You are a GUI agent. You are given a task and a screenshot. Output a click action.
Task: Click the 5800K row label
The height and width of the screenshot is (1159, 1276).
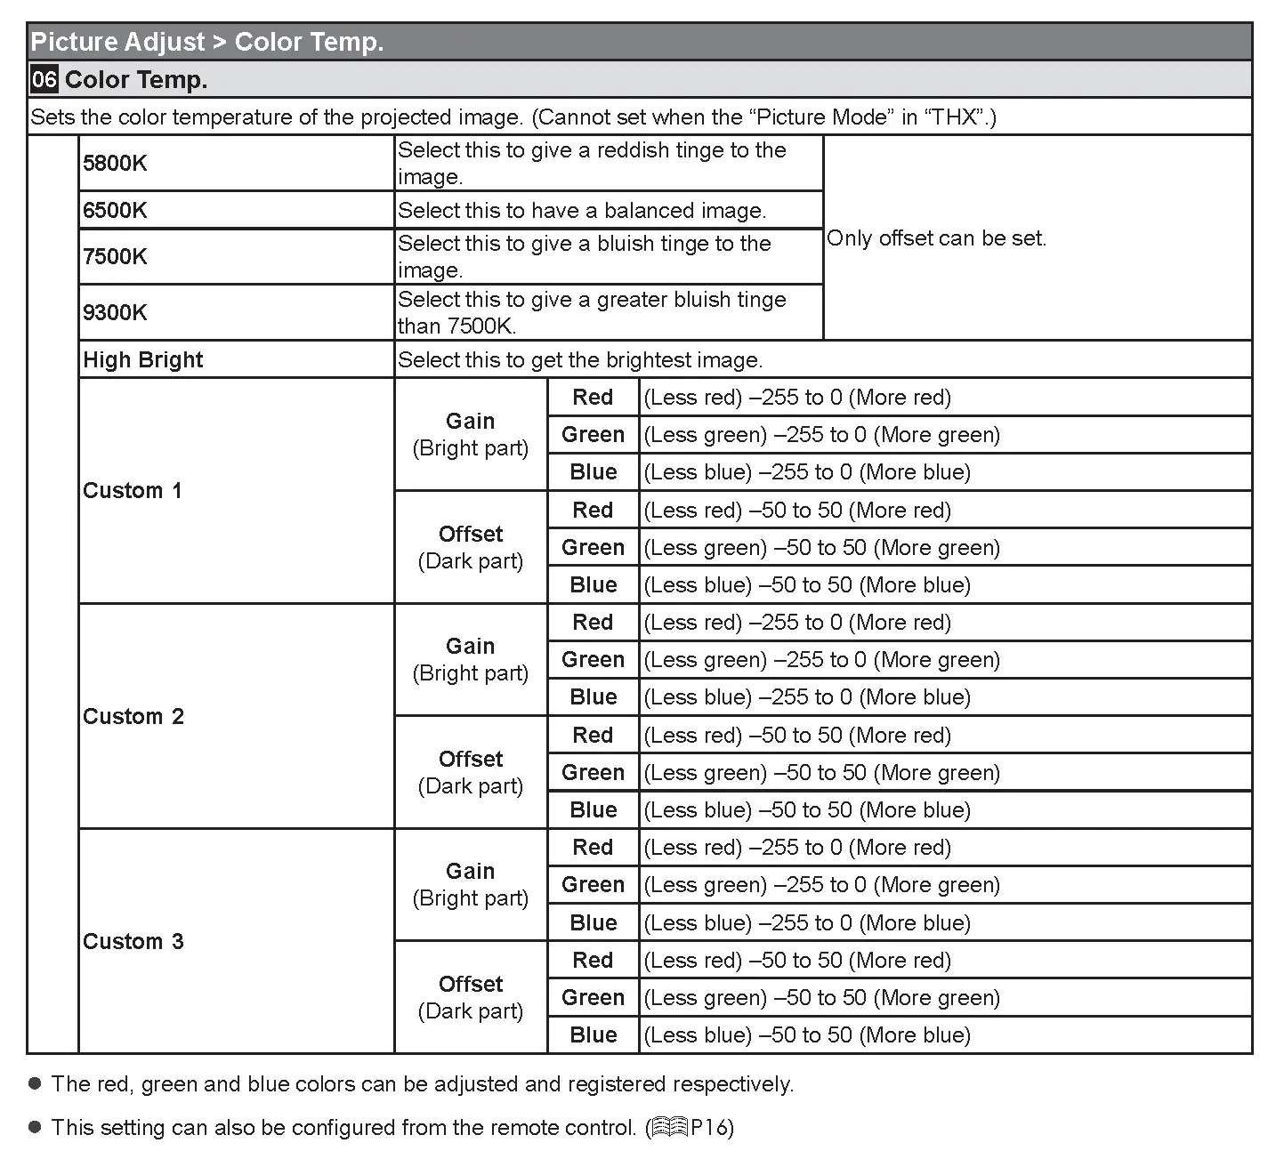click(x=115, y=163)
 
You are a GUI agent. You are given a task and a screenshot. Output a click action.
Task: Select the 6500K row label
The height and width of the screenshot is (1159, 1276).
click(x=115, y=210)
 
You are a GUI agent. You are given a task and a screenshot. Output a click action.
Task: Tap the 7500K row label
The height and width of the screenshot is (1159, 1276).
click(x=115, y=256)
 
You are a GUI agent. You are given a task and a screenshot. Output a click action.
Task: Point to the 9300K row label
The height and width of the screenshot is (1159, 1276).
click(x=115, y=312)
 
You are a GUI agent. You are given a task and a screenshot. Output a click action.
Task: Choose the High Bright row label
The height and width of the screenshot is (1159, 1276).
click(x=142, y=359)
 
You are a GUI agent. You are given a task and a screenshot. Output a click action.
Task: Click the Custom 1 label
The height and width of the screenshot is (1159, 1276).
click(x=132, y=490)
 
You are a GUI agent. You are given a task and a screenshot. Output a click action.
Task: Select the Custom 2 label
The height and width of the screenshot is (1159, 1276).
click(x=133, y=716)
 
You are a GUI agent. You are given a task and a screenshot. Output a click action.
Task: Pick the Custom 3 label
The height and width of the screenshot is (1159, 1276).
click(x=133, y=941)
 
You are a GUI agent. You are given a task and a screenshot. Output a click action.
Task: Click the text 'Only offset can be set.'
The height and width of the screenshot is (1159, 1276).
click(x=936, y=237)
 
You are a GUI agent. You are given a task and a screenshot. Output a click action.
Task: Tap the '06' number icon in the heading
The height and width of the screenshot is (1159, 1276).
click(x=44, y=79)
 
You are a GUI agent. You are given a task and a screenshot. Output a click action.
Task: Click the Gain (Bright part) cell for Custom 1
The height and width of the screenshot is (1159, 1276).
click(x=470, y=434)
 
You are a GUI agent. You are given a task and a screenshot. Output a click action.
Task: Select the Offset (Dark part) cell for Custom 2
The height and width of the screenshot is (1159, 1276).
click(x=470, y=772)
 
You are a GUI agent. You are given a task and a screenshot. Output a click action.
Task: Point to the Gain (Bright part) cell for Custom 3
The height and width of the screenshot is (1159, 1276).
click(x=470, y=884)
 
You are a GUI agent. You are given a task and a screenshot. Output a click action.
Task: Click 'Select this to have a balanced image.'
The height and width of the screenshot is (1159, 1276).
click(x=581, y=210)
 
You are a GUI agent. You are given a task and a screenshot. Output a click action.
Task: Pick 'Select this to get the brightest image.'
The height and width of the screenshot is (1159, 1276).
click(x=579, y=359)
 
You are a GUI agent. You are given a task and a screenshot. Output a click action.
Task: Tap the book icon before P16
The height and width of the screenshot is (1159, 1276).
click(x=668, y=1128)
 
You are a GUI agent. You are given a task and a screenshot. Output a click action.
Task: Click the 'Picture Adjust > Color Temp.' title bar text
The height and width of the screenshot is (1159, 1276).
click(x=206, y=42)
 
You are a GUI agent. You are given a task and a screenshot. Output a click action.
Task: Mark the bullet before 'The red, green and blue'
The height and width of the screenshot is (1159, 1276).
click(x=36, y=1083)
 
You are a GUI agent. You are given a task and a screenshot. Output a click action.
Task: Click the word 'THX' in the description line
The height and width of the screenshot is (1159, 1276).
click(x=953, y=117)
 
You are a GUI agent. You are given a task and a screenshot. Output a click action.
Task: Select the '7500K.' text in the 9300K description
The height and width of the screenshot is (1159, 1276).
click(x=481, y=326)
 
